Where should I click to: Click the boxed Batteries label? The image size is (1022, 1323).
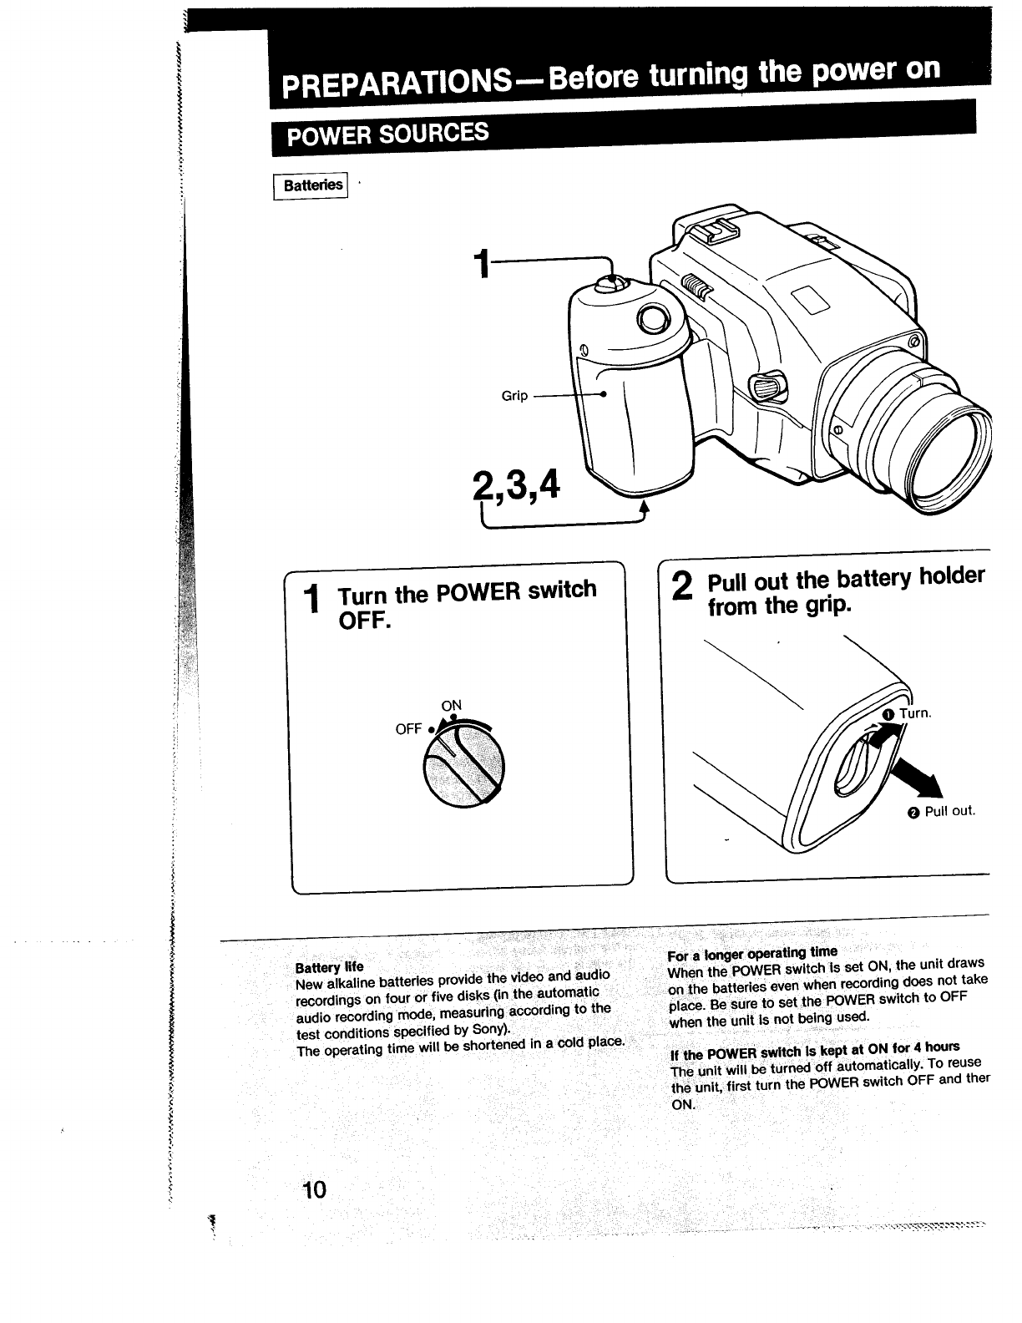click(312, 185)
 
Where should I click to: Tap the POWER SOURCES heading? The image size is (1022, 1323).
click(387, 134)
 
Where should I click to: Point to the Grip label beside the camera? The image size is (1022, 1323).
click(514, 396)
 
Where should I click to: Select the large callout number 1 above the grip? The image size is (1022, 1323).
click(480, 265)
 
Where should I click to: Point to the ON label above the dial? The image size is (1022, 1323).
click(451, 705)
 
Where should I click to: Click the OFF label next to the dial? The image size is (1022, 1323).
click(408, 729)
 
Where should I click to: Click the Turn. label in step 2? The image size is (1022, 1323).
click(913, 713)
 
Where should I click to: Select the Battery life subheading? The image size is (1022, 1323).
click(329, 967)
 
